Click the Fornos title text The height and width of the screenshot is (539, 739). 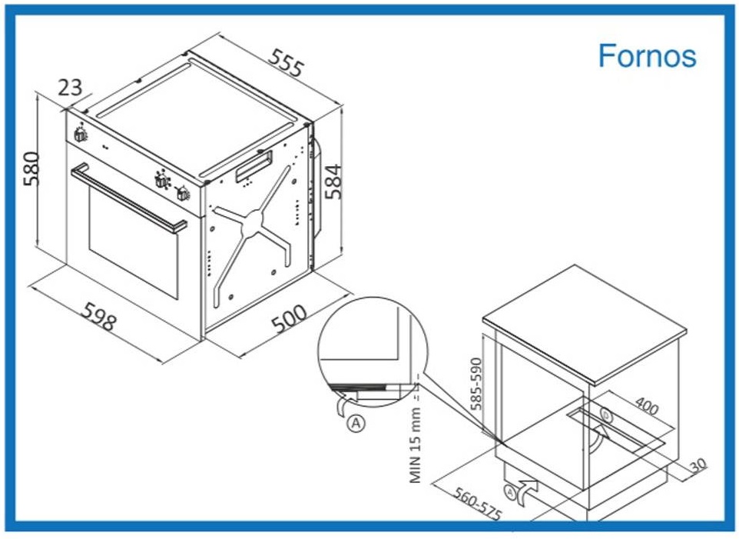647,56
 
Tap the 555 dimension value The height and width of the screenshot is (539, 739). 285,62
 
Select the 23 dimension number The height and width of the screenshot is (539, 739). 70,87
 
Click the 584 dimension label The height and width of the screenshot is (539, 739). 333,181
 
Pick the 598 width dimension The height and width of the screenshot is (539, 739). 99,317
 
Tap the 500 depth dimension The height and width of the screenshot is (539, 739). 290,319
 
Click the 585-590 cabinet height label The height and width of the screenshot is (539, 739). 476,384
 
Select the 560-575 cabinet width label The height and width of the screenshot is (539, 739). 477,504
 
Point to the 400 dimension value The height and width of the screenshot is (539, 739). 647,405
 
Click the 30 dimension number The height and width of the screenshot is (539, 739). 699,464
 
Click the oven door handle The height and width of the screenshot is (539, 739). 128,198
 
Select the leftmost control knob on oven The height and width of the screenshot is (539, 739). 80,134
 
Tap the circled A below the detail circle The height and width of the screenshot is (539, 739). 356,423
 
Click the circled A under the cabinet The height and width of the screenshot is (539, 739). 510,492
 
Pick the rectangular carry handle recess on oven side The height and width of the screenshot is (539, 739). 253,166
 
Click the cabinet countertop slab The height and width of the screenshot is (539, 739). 585,324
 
